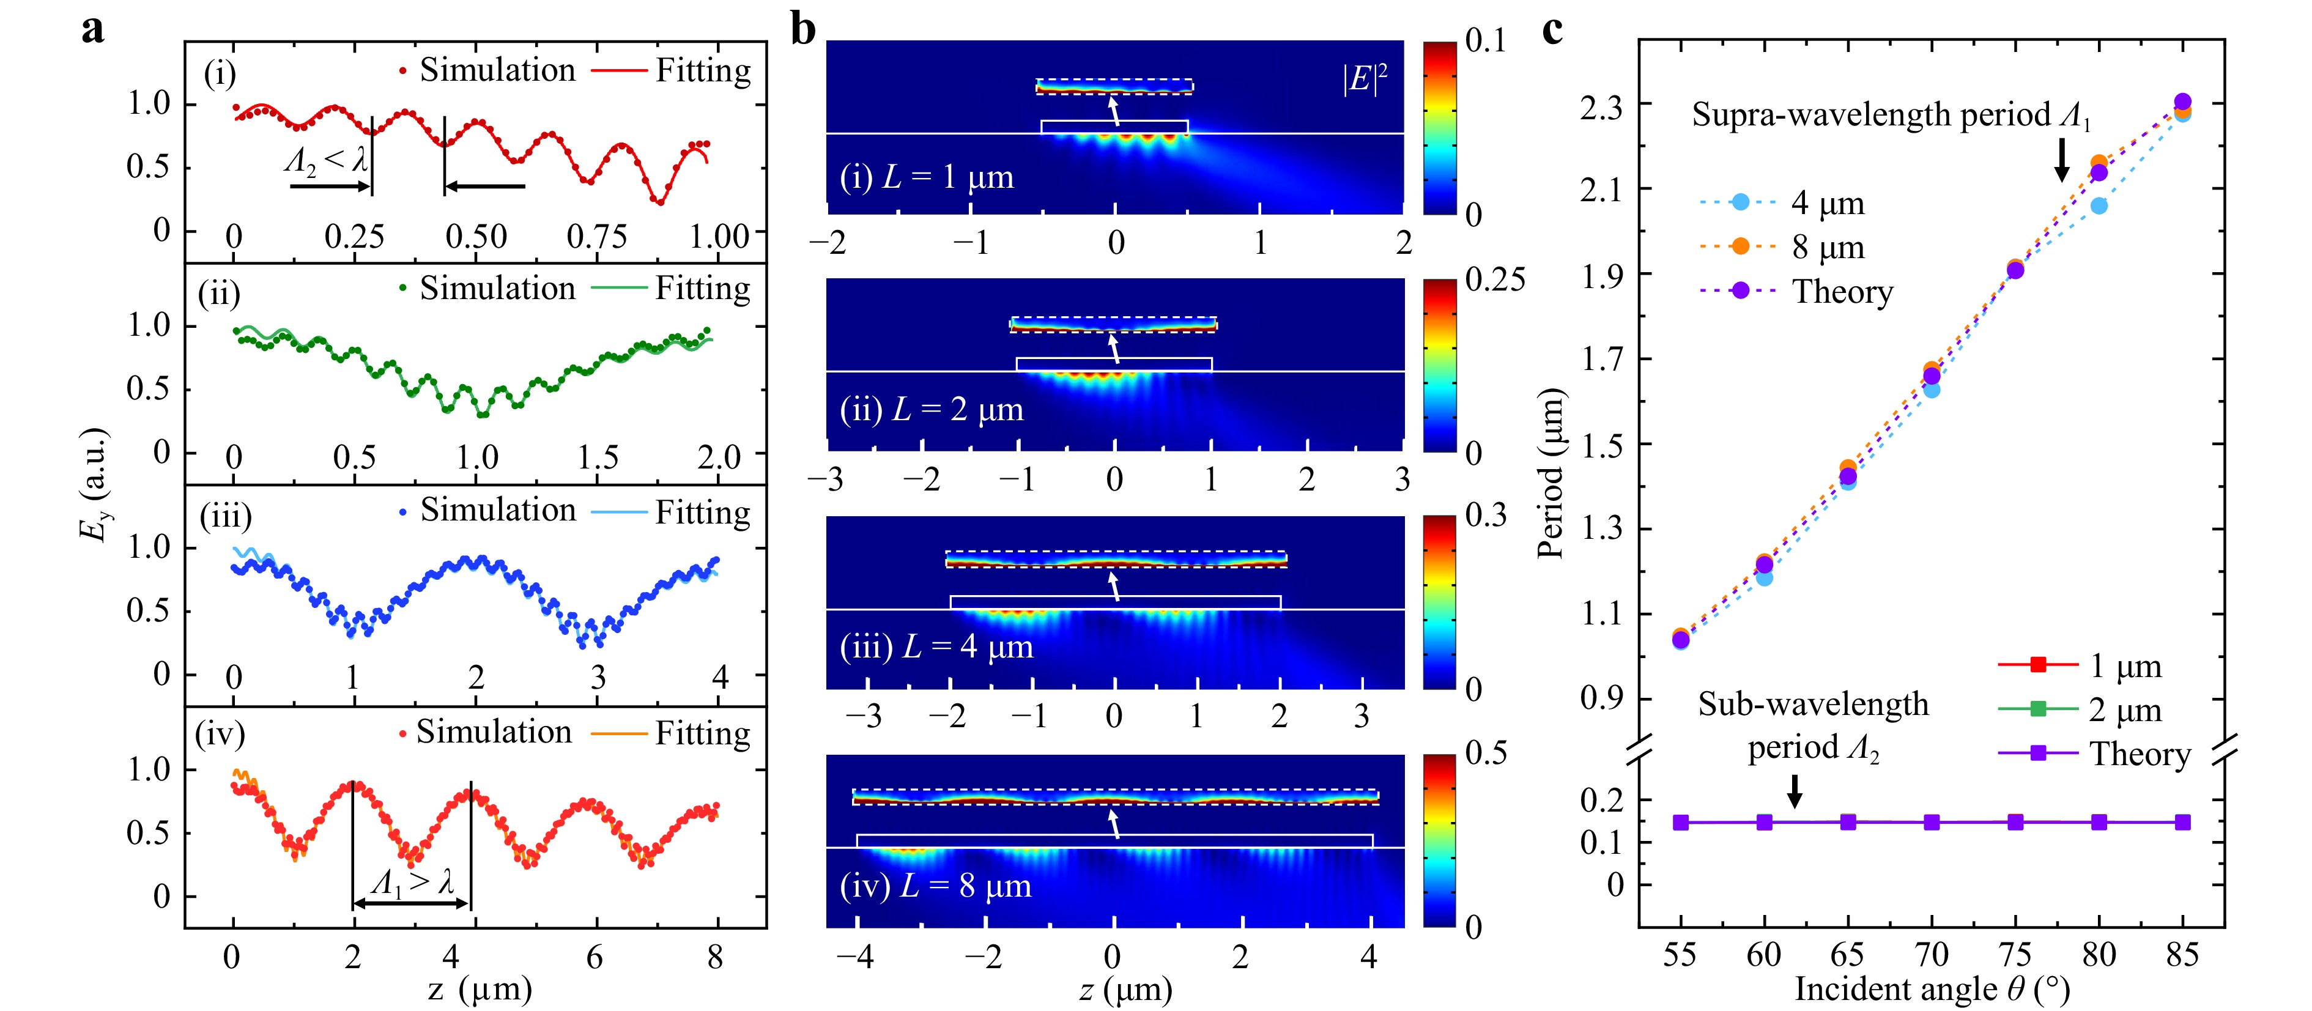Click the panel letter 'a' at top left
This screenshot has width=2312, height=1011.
[x=92, y=29]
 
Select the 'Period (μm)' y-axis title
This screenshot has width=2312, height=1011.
[x=1551, y=473]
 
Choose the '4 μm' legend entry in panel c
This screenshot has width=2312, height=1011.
[x=1828, y=203]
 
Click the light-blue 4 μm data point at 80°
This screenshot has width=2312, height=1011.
[x=2099, y=206]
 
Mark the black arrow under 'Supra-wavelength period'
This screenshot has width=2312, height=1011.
[x=2062, y=160]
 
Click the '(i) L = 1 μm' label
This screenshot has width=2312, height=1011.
[x=926, y=177]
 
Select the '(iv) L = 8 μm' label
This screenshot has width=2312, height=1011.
[x=935, y=886]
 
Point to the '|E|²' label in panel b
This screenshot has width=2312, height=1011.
[x=1364, y=79]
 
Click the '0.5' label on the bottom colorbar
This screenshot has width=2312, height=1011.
[x=1486, y=752]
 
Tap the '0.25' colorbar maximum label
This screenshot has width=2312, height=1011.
[x=1494, y=280]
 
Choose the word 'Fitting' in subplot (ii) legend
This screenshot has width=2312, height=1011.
[x=703, y=289]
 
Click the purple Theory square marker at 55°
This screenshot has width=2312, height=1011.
[x=1681, y=823]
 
